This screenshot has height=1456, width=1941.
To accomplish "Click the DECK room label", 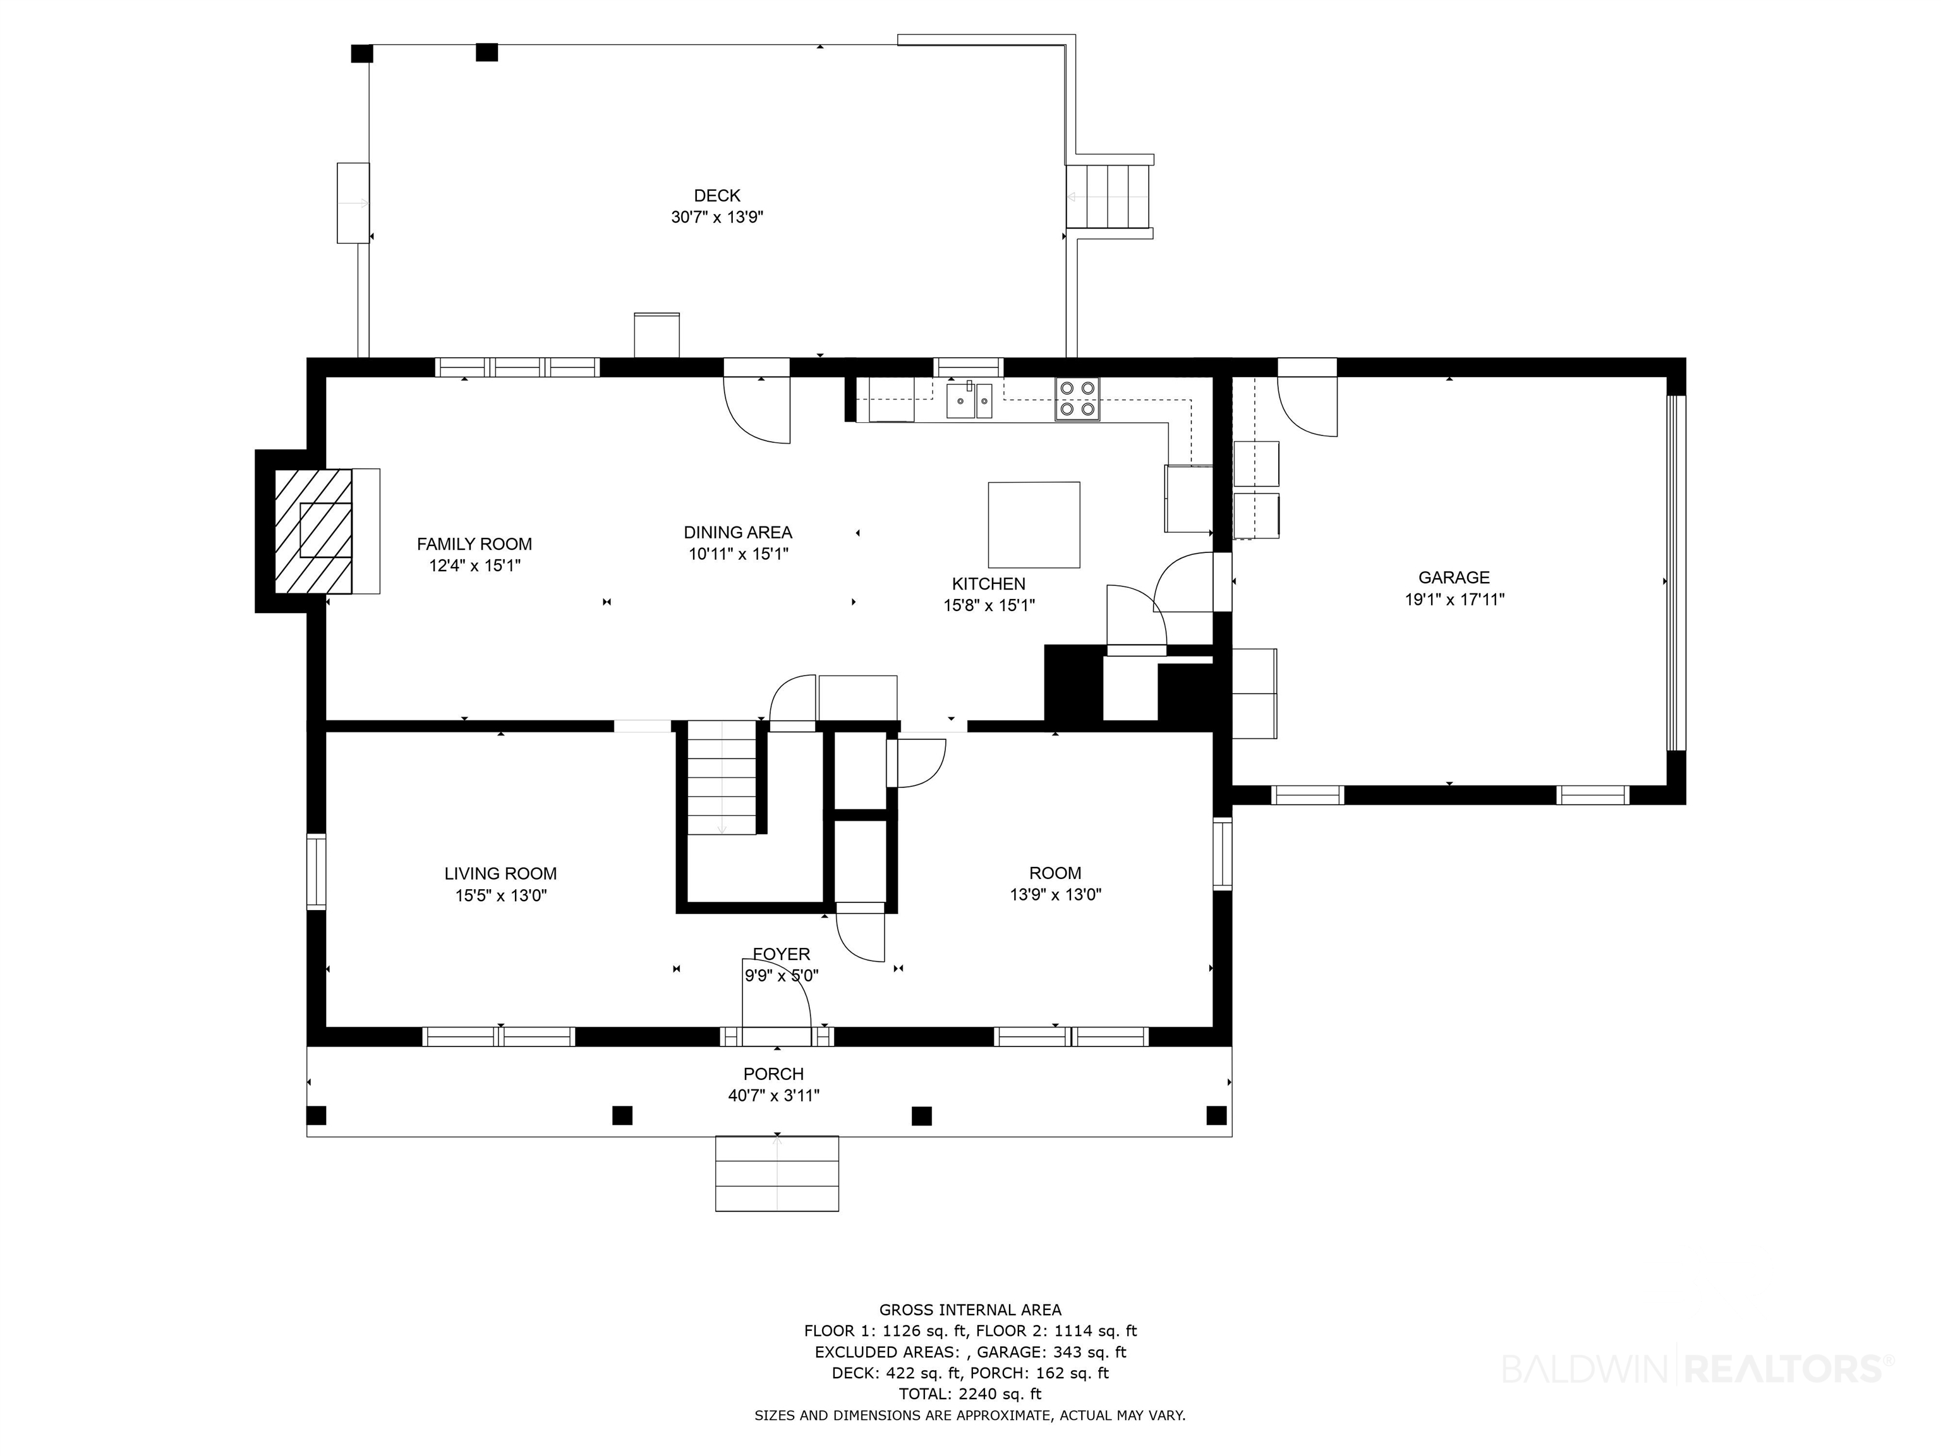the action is (717, 196).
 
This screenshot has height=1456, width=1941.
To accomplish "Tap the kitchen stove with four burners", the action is (1077, 399).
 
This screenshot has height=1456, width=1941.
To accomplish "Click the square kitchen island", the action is (1034, 525).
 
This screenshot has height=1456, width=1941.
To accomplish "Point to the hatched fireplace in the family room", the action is (313, 531).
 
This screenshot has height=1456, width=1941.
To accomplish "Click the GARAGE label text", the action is (1454, 578).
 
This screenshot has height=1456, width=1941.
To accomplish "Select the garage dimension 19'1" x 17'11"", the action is (1454, 600).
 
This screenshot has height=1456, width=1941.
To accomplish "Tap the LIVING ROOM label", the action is (500, 873).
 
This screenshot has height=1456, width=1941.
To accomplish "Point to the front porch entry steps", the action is (777, 1174).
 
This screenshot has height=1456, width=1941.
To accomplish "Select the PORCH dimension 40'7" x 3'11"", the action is (774, 1095).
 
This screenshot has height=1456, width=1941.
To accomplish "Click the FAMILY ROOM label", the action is (474, 544).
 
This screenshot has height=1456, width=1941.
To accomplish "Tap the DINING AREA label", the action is (738, 533).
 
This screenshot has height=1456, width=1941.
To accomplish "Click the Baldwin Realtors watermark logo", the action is (1698, 1368).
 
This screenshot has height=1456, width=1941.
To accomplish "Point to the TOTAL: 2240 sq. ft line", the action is (970, 1393).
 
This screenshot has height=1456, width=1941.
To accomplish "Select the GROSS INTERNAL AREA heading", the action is (970, 1310).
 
